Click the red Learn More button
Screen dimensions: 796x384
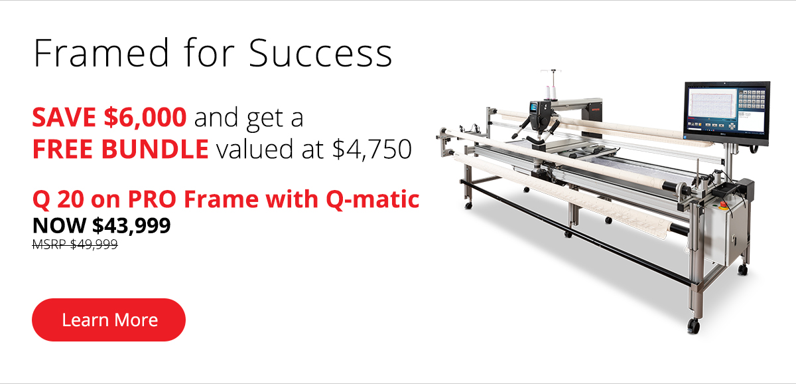109,320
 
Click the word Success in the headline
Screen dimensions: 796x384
320,53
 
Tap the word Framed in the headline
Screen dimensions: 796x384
101,52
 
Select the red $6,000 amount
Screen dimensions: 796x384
145,117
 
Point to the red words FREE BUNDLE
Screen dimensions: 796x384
121,149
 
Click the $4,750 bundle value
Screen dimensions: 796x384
372,149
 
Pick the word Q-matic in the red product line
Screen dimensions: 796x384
373,199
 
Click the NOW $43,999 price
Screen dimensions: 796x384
101,225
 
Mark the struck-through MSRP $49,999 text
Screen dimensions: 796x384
75,244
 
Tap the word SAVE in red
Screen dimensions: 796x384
64,117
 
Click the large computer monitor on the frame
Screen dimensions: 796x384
727,112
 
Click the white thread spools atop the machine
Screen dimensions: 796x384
550,92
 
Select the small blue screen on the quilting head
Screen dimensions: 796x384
534,107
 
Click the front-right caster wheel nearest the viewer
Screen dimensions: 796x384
693,326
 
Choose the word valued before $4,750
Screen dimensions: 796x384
255,149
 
